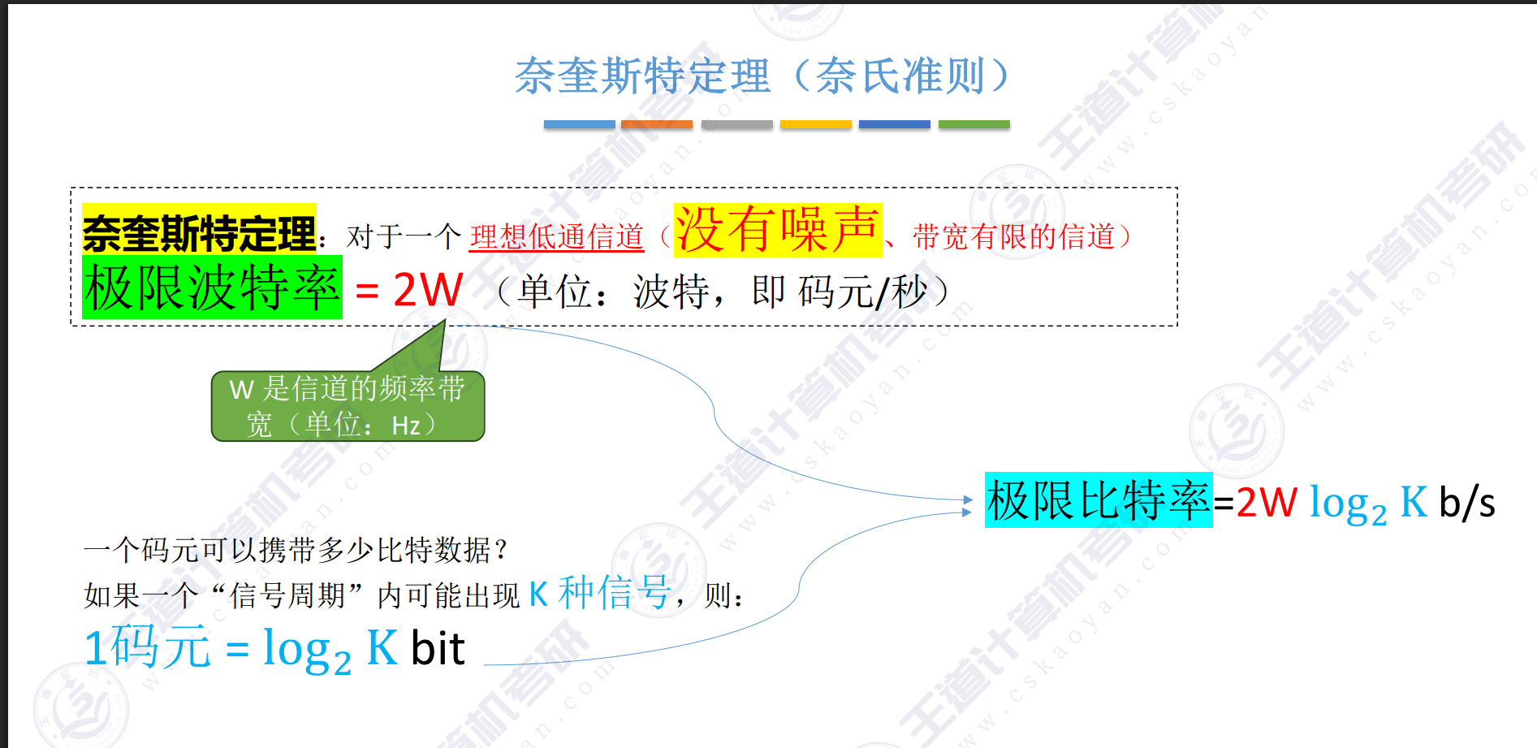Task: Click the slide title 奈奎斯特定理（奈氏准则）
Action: coord(762,76)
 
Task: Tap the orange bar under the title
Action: coord(656,124)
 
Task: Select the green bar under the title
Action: coord(974,124)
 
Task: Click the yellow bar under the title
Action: coord(815,124)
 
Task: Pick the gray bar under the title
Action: coord(736,124)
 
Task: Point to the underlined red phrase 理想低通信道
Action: coord(556,237)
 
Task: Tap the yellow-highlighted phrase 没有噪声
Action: coord(777,230)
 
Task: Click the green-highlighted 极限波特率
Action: coord(212,288)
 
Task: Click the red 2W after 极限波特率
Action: coord(428,290)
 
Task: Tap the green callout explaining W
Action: coord(348,406)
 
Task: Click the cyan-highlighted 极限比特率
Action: coord(1098,500)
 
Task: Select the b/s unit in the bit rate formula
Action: coord(1466,503)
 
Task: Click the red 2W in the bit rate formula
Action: coord(1267,503)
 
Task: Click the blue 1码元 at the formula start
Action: coord(147,648)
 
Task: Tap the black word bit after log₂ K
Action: coord(438,649)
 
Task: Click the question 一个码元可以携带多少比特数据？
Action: coord(296,551)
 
